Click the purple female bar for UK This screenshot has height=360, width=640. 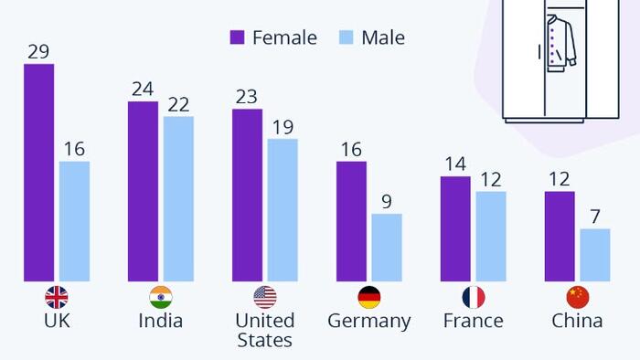(x=38, y=173)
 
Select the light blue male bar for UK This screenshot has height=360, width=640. (x=74, y=221)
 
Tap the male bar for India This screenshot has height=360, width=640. (x=178, y=199)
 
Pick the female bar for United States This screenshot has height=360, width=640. (x=248, y=196)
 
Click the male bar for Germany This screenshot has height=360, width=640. (x=387, y=248)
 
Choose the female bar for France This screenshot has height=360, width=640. (x=455, y=229)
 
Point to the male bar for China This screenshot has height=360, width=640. (x=595, y=255)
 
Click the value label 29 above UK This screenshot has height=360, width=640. (x=38, y=52)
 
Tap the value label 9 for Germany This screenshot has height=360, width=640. (x=387, y=201)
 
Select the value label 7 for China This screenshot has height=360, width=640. (x=595, y=217)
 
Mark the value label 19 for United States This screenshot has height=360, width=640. (x=283, y=127)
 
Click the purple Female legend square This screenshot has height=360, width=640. (x=237, y=37)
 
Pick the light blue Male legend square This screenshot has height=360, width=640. (x=347, y=37)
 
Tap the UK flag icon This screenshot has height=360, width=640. (x=57, y=297)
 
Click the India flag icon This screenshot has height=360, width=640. (x=161, y=297)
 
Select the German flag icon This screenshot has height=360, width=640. (x=369, y=297)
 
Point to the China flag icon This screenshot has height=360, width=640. (x=578, y=297)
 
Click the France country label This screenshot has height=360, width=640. (x=474, y=321)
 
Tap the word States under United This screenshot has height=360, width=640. (x=265, y=340)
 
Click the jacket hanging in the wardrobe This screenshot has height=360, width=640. (x=560, y=44)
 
